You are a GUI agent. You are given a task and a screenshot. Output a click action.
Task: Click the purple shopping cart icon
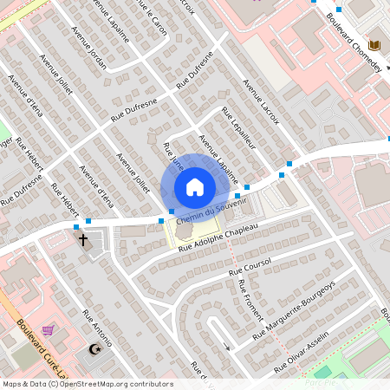(48, 329)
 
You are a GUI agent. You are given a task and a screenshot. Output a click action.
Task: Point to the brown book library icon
(374, 45)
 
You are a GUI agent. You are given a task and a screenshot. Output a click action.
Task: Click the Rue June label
(173, 157)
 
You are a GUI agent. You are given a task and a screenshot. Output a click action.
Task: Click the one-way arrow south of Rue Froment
(226, 347)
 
